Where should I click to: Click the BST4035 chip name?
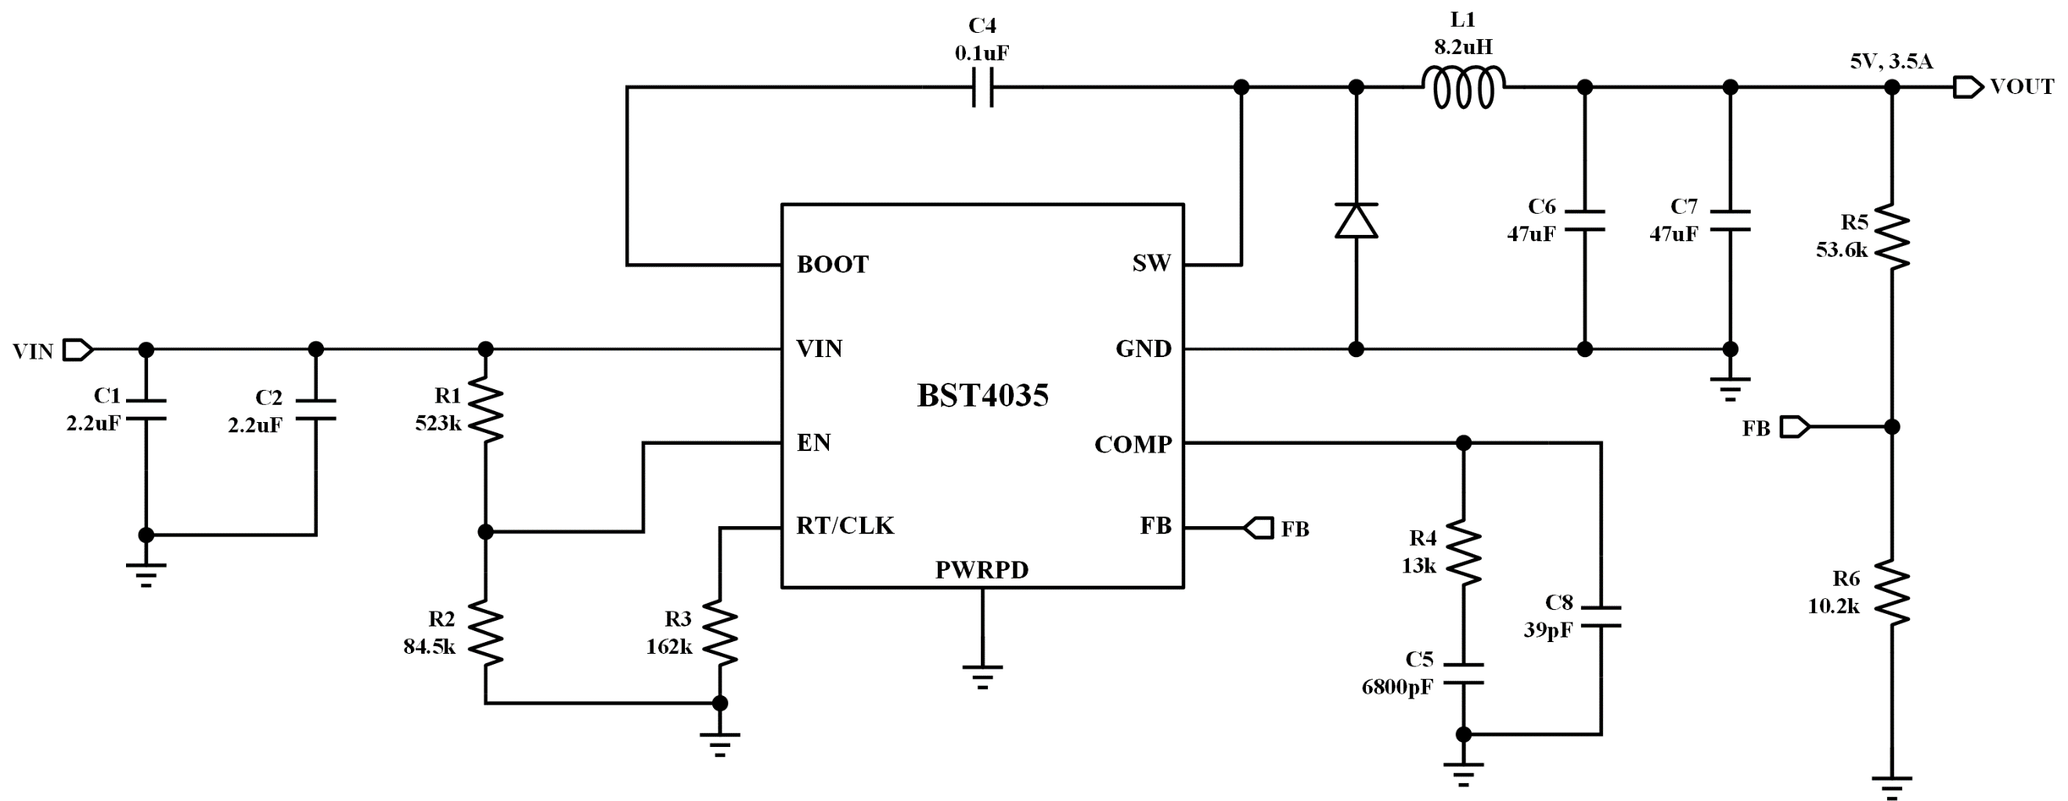[x=982, y=395]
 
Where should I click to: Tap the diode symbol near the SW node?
[x=1356, y=220]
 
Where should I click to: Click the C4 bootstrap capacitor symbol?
[x=982, y=87]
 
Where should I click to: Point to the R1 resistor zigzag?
[x=486, y=410]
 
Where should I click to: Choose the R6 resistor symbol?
[x=1891, y=593]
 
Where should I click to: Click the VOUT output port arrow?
[x=1969, y=87]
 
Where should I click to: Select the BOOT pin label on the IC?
[x=833, y=265]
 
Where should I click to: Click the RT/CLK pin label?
[x=845, y=525]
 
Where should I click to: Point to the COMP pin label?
[x=1133, y=444]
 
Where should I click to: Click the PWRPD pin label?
[x=982, y=569]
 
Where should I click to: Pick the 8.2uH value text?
[x=1464, y=47]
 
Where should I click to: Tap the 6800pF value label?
[x=1397, y=687]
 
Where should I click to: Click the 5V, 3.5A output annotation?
[x=1891, y=61]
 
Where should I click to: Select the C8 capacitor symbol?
[x=1601, y=616]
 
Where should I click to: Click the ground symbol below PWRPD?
[x=982, y=677]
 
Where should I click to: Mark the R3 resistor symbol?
[x=720, y=633]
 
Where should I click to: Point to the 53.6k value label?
[x=1842, y=250]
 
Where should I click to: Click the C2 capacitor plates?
[x=315, y=410]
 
